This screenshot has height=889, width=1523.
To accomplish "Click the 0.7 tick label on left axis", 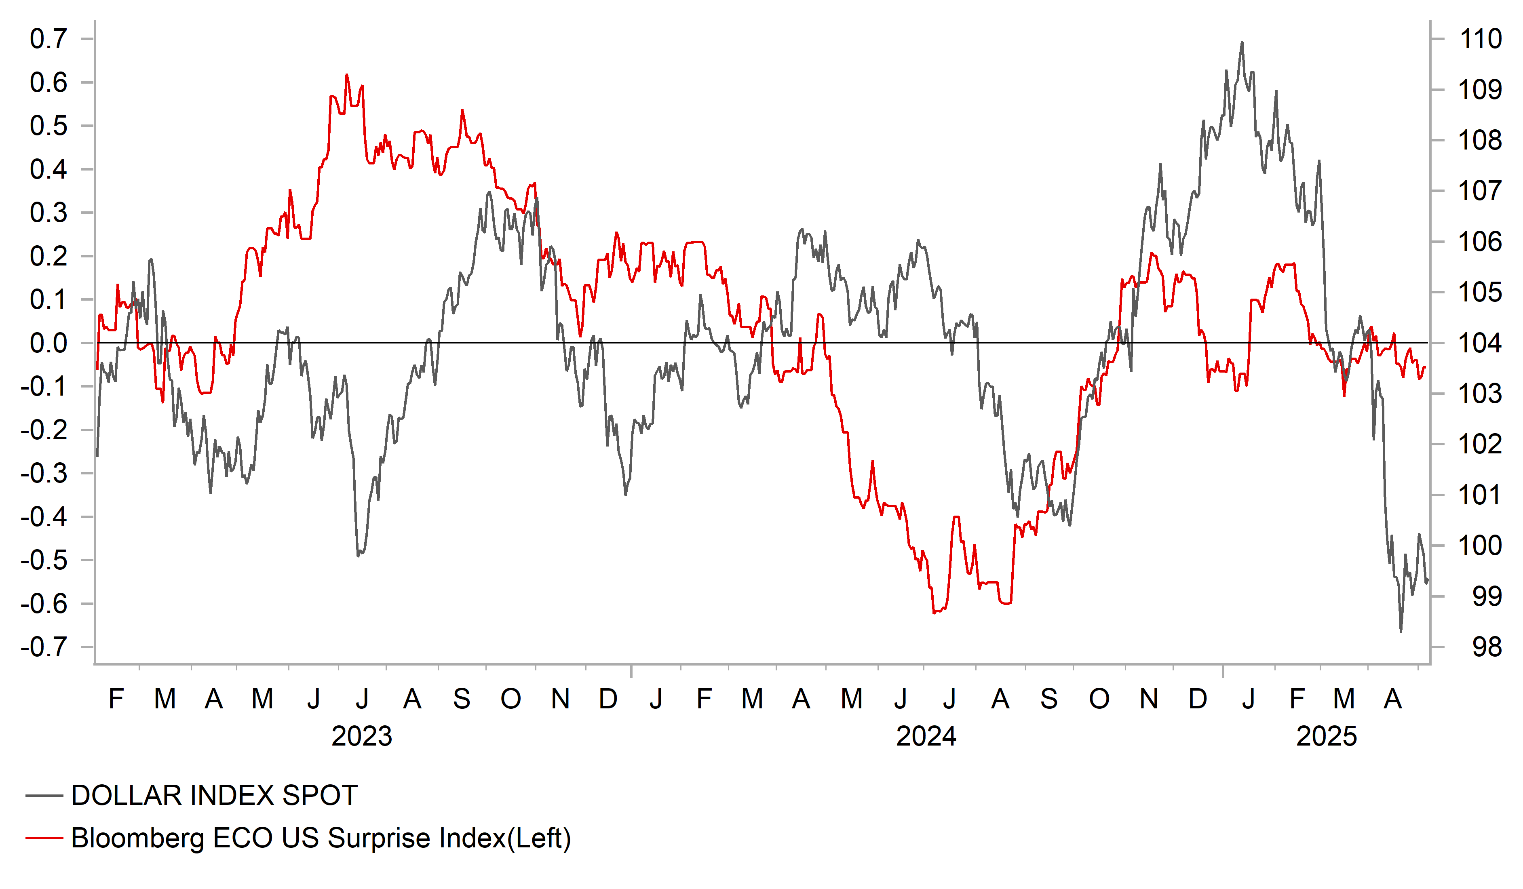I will coord(49,39).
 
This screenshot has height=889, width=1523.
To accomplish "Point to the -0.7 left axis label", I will coord(44,647).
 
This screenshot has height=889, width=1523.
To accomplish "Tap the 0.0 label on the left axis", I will coord(49,343).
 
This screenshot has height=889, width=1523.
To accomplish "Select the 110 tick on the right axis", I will coord(1480,39).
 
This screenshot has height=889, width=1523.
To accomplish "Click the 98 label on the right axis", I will coord(1487,647).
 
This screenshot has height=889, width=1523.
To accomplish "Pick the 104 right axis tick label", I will coord(1480,343).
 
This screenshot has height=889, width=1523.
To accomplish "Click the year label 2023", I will coord(361,737).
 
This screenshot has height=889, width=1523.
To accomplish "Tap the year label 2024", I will coord(926,737).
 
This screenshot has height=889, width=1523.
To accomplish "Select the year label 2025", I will coord(1327,737).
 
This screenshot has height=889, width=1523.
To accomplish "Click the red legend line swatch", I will coord(44,838).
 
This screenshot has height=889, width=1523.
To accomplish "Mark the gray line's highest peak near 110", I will coord(1242,42).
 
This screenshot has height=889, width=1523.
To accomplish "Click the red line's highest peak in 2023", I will coord(346,75).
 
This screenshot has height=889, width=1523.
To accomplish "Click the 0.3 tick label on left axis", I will coord(49,213).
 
